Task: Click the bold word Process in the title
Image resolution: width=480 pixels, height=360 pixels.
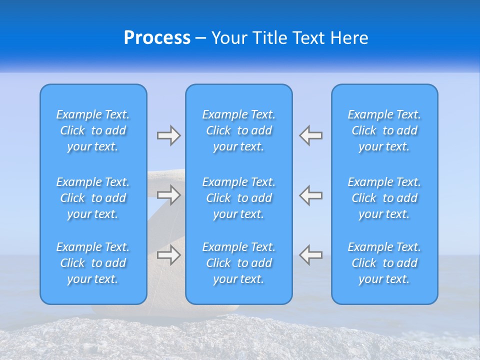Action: pos(157,38)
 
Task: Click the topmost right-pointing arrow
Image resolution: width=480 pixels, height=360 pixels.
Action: pos(168,135)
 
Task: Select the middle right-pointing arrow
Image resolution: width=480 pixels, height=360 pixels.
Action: pos(168,194)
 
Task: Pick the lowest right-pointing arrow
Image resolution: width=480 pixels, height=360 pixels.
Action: pos(168,255)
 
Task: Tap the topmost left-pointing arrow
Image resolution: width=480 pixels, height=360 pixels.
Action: pos(311,135)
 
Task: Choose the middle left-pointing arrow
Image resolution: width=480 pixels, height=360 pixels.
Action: pos(311,194)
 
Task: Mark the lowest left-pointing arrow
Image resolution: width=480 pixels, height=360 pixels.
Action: pos(311,255)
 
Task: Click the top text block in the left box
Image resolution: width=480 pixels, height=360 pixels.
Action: pos(93,130)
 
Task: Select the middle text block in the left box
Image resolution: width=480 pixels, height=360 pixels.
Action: pos(93,198)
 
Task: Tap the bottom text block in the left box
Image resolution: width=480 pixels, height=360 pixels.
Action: pos(93,263)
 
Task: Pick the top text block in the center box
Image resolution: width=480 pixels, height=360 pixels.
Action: pos(239,130)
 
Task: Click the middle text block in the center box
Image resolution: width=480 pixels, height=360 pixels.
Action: pos(239,198)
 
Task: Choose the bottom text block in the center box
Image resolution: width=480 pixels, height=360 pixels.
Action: pos(239,263)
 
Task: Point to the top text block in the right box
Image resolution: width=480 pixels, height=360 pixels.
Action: pos(384,130)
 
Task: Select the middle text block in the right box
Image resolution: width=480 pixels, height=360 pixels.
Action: pos(384,198)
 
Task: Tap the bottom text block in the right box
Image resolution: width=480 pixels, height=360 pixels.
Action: pos(384,263)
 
